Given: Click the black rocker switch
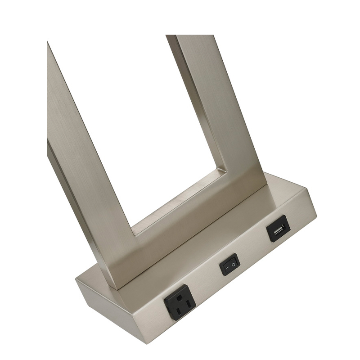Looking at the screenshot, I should [x=229, y=264].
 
